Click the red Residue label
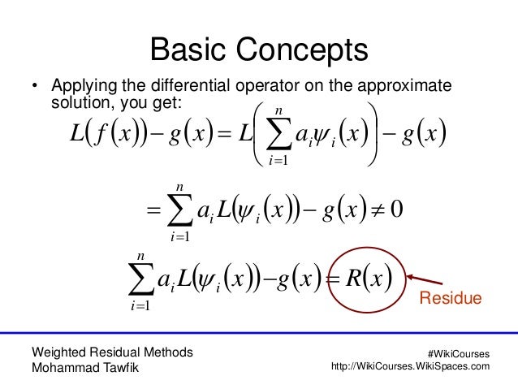(449, 300)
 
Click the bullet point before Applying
(35, 87)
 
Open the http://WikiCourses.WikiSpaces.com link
(412, 367)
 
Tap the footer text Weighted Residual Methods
(111, 352)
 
